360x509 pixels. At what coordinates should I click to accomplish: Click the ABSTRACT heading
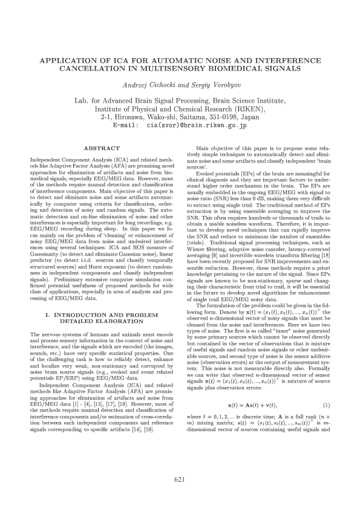coord(101,148)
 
